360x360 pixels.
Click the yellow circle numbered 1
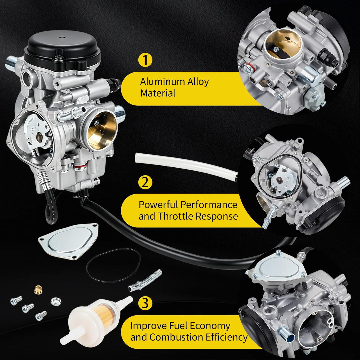pos(145,60)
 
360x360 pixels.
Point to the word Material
pos(158,93)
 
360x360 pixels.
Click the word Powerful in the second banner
pos(158,204)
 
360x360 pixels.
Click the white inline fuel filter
pos(96,320)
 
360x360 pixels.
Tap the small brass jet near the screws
pos(38,290)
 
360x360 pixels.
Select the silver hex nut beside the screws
pos(56,301)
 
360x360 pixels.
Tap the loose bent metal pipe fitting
pos(145,280)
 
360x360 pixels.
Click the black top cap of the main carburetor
pos(62,51)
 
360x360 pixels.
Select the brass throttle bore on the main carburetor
pos(102,131)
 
